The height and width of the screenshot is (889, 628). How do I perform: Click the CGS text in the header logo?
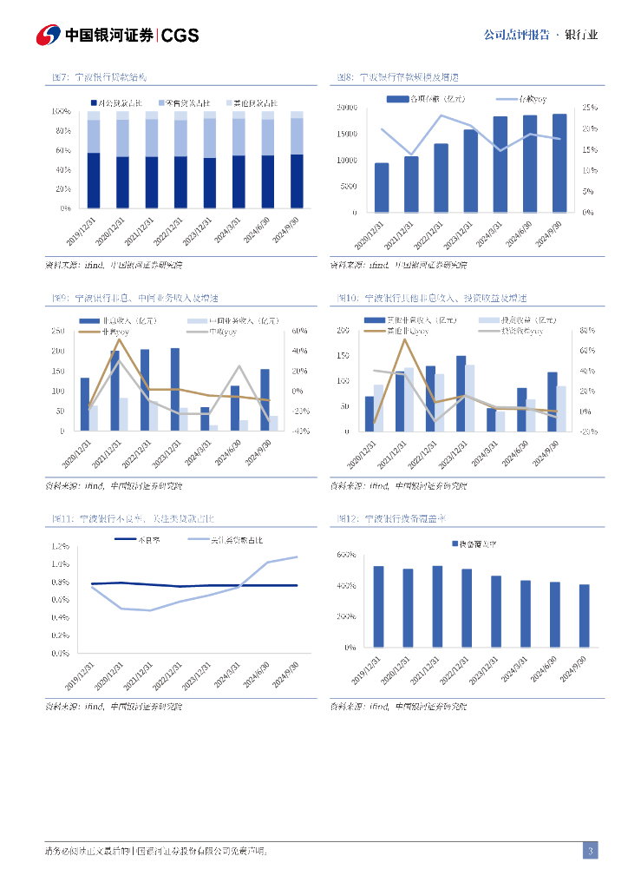click(x=180, y=35)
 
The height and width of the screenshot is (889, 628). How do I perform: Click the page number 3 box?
click(x=590, y=851)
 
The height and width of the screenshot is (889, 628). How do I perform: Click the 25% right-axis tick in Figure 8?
click(x=588, y=108)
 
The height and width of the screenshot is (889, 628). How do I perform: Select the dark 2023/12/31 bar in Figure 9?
click(x=175, y=389)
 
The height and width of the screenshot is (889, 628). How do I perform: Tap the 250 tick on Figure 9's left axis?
click(x=57, y=331)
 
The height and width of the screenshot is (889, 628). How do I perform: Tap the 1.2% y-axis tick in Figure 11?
click(x=61, y=546)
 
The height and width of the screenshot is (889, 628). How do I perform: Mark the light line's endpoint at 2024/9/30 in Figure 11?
click(x=297, y=556)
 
